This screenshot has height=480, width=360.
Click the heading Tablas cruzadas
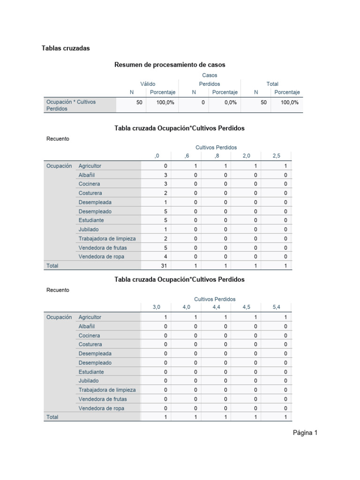click(x=65, y=48)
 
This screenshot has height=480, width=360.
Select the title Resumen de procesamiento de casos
click(x=170, y=65)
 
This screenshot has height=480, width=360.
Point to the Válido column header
click(x=148, y=84)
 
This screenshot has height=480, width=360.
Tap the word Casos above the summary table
click(x=210, y=75)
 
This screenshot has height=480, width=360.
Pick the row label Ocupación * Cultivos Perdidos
click(x=70, y=105)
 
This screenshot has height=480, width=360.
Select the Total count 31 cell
click(x=163, y=266)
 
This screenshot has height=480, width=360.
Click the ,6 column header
click(x=187, y=156)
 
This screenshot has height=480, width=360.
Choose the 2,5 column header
click(x=277, y=156)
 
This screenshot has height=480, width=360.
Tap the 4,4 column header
click(x=217, y=307)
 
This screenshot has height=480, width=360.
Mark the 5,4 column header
click(x=277, y=307)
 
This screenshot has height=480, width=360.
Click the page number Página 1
click(x=305, y=433)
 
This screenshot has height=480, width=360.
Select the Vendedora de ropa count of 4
click(x=165, y=256)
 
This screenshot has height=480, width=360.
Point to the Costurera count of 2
click(x=165, y=193)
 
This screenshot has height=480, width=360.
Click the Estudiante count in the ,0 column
click(x=165, y=220)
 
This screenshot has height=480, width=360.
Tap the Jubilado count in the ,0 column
click(x=165, y=229)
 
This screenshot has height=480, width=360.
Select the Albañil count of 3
click(x=165, y=175)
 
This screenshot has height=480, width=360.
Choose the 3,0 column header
click(x=157, y=307)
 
